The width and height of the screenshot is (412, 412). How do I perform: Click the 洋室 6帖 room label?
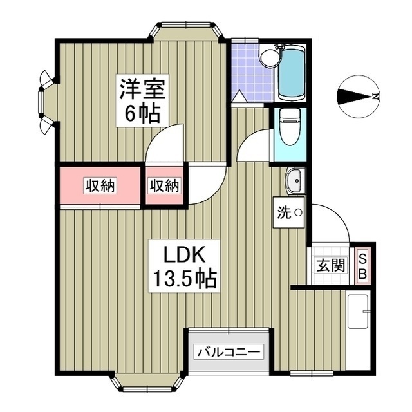click(142, 101)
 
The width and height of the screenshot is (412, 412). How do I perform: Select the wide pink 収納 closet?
click(100, 186)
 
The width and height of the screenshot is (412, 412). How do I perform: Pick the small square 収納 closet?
click(165, 186)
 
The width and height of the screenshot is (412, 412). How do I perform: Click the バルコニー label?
click(229, 352)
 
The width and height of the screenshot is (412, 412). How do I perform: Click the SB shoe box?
click(362, 265)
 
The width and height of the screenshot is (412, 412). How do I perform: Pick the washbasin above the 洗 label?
click(295, 181)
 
